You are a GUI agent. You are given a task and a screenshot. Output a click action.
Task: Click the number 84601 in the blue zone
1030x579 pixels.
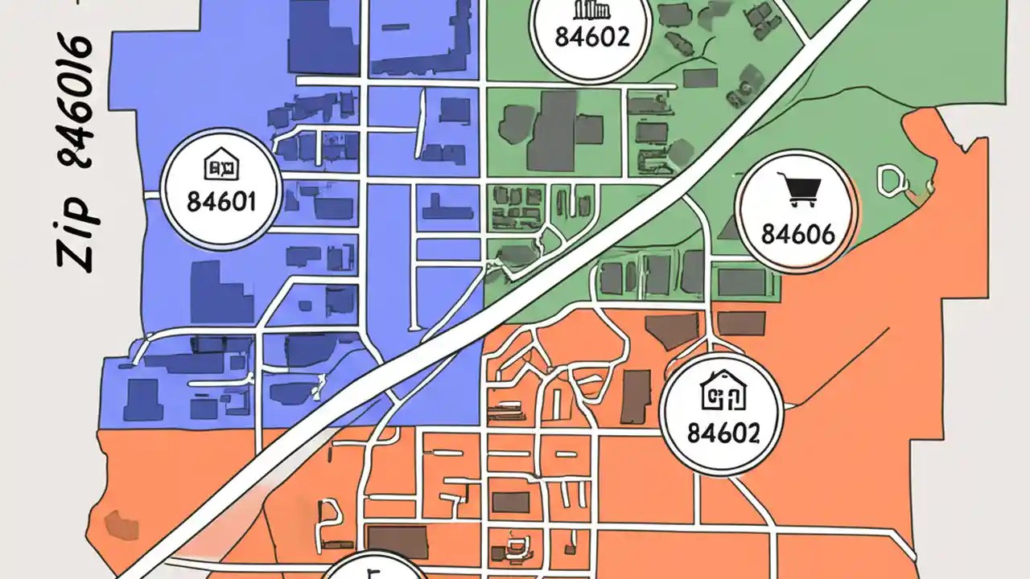220,201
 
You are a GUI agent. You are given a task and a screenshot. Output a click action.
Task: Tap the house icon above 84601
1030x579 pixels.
220,166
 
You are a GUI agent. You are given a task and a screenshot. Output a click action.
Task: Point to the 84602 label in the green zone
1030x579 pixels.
593,37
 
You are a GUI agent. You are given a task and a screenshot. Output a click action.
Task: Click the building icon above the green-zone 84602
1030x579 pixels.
591,10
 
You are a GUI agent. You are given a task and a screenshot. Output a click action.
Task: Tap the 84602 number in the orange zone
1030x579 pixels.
723,433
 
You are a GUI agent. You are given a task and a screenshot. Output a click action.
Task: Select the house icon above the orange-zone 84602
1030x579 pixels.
722,389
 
